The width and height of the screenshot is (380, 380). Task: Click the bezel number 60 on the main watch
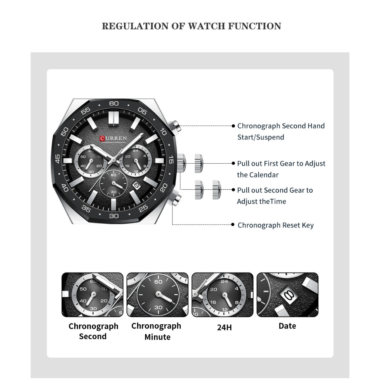click(114, 104)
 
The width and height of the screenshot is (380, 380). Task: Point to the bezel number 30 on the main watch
click(114, 216)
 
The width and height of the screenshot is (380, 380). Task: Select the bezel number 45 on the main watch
click(58, 160)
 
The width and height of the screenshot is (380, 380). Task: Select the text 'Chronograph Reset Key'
click(275, 225)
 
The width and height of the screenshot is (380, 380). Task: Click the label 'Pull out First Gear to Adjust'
click(281, 164)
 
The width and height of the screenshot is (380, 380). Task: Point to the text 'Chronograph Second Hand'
click(281, 126)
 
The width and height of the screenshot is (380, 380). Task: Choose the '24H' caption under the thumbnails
click(225, 328)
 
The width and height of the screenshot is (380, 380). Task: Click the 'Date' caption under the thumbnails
click(287, 326)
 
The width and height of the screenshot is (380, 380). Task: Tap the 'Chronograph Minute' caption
click(157, 331)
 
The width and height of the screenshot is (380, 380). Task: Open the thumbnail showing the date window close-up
click(288, 295)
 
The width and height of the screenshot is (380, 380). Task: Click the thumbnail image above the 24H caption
click(222, 295)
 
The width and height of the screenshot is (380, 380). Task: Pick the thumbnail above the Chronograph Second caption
click(92, 295)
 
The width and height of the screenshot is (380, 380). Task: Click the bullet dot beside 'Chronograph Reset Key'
click(233, 225)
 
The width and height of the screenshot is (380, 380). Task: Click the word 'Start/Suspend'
click(261, 137)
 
